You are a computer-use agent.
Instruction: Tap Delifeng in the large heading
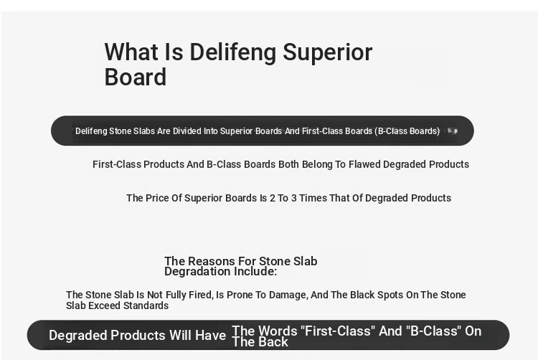coord(233,53)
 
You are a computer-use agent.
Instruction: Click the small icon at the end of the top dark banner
coord(453,131)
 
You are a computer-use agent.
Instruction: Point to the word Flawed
coord(364,164)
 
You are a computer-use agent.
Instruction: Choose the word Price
coord(157,198)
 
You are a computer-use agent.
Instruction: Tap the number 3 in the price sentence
coord(293,198)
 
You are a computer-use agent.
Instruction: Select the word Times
coord(313,198)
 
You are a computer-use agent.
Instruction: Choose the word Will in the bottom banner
coord(180,336)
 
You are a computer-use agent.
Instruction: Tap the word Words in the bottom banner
coord(278,331)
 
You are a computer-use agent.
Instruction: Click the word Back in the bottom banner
coord(273,342)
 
